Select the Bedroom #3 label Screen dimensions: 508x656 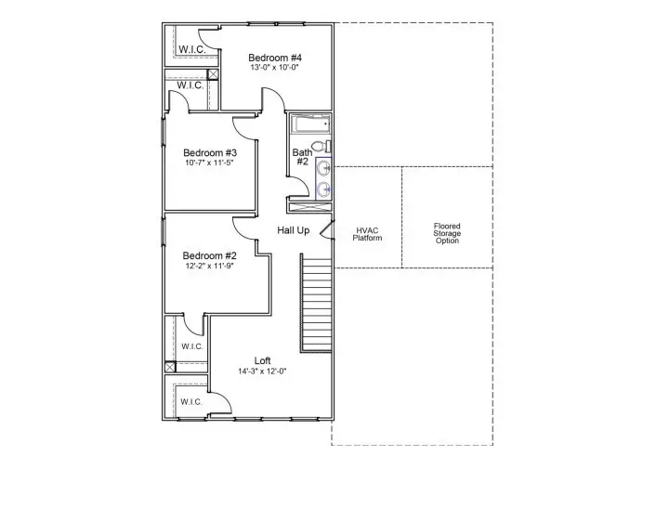210,153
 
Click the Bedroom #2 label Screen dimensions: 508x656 209,255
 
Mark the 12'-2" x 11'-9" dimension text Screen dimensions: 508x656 208,266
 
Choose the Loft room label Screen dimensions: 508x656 263,360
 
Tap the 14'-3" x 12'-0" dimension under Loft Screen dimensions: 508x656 262,371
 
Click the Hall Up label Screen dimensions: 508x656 294,229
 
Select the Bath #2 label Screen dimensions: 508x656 302,157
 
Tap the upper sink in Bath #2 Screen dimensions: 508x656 322,168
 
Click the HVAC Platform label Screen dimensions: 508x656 367,234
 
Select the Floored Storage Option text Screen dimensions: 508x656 447,234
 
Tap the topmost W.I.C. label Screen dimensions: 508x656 191,49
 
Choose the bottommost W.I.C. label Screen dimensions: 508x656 191,402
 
